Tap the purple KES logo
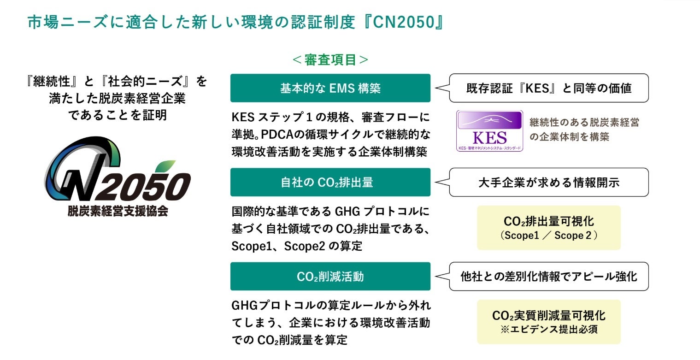point(489,131)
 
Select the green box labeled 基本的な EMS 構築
point(330,88)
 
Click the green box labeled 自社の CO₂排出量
point(330,182)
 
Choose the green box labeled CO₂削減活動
point(330,276)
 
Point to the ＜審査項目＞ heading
point(330,60)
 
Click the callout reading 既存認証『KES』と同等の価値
point(548,88)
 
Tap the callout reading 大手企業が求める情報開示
point(548,182)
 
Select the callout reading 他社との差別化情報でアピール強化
point(548,276)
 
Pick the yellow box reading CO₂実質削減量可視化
point(548,316)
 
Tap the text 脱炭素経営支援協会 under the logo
point(118,212)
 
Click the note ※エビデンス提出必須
point(548,330)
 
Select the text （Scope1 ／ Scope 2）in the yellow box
point(548,236)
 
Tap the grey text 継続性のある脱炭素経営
point(584,123)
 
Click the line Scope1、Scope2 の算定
point(297,246)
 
